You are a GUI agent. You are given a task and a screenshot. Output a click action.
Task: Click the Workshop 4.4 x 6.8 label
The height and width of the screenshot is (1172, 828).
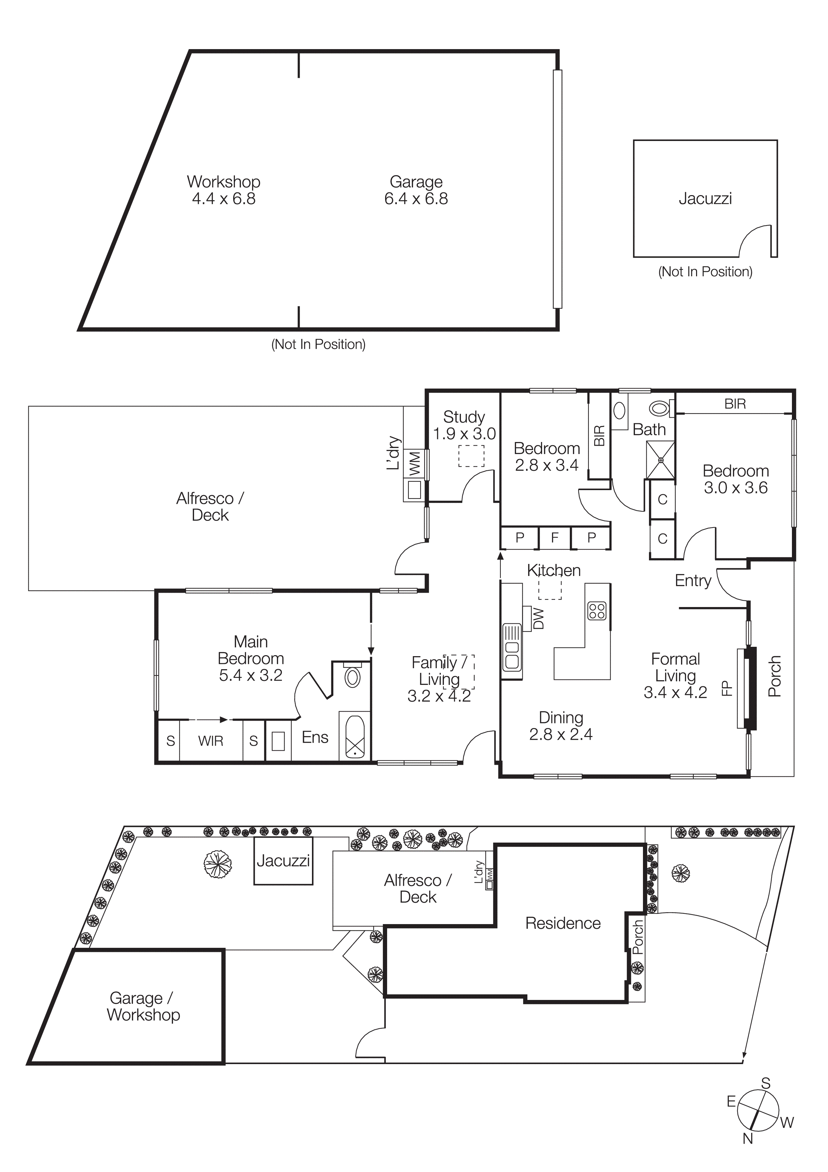[x=223, y=190]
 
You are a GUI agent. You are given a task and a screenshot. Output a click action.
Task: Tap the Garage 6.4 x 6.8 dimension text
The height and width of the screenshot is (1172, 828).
[x=416, y=198]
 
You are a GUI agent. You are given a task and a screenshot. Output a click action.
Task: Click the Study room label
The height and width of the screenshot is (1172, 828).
[x=463, y=417]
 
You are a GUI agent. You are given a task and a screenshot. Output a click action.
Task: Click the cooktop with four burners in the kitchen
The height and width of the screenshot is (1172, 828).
[x=597, y=611]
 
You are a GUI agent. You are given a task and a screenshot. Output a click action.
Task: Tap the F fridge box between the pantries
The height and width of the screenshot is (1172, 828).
[x=554, y=538]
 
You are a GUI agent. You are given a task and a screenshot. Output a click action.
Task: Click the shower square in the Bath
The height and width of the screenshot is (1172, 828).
[x=661, y=460]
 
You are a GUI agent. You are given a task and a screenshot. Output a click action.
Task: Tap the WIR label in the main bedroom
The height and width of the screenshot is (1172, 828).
[x=211, y=741]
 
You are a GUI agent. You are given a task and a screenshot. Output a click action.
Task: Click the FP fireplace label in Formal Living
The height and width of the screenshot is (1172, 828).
[x=726, y=689]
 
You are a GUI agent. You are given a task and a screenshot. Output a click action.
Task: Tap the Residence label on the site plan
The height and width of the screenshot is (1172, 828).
[x=563, y=923]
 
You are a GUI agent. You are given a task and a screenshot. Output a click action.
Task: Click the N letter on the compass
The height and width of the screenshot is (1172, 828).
[x=748, y=1138]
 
